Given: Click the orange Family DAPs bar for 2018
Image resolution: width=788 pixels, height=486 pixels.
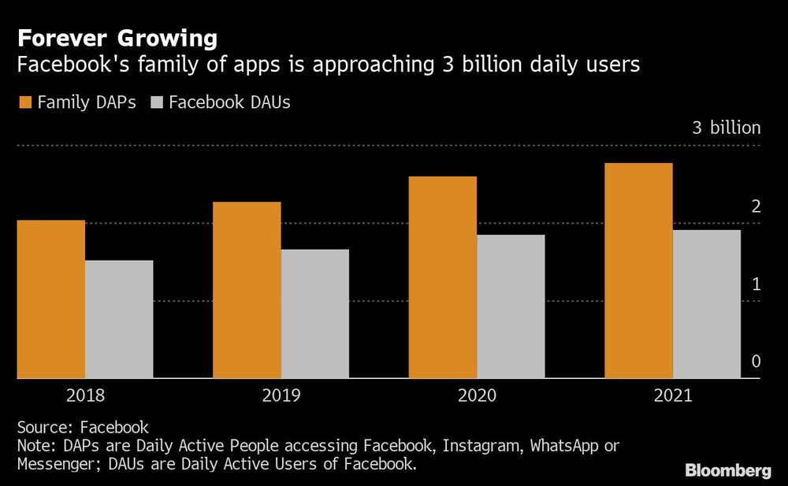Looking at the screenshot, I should point(51,299).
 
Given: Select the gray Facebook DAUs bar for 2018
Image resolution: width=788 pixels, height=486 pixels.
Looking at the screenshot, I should point(119,319).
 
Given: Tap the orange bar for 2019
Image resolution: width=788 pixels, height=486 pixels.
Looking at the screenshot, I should point(247,290).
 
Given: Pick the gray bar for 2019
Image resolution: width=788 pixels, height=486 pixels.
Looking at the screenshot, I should point(314,313).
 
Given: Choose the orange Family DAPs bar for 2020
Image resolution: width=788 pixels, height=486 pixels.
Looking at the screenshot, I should point(442,277).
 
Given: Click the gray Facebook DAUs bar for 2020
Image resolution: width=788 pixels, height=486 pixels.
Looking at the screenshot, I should point(511,306).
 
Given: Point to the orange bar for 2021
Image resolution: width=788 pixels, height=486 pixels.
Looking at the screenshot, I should point(638,271).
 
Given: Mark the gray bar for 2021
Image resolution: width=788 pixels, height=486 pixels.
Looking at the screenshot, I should point(706,304).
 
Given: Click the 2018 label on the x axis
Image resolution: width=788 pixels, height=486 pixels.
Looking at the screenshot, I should point(85,395).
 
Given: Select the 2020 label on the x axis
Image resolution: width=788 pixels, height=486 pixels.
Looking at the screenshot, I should point(476,395).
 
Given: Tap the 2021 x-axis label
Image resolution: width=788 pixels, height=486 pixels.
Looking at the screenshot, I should point(672,395).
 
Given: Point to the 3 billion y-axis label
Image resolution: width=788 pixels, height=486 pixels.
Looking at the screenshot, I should point(727,128).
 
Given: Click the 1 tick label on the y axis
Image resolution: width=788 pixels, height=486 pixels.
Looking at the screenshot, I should point(756,284).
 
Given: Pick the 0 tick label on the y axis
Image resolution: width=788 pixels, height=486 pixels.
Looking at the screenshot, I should point(756,362).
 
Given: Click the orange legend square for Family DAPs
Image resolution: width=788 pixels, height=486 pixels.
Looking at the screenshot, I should point(24,102).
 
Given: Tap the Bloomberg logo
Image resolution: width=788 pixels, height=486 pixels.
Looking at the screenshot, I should point(727,470).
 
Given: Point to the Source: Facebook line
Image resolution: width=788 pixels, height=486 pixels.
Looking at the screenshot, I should point(83,428).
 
